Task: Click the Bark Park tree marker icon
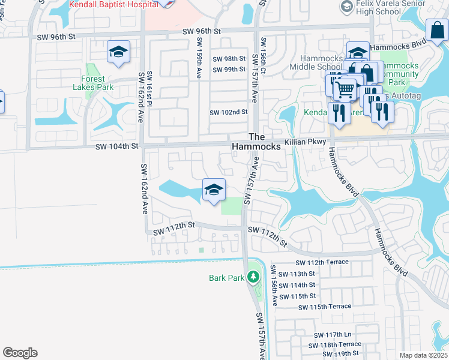tap(254, 277)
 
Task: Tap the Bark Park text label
tap(226, 278)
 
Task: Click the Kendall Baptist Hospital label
tap(113, 4)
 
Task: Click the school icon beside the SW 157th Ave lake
tap(213, 190)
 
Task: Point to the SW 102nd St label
tap(228, 112)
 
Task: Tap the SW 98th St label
tap(230, 59)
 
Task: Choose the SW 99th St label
tap(230, 70)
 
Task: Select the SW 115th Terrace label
tap(325, 307)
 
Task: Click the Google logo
tap(20, 353)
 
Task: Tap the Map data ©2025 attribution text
tap(423, 355)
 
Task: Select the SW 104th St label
tap(116, 146)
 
